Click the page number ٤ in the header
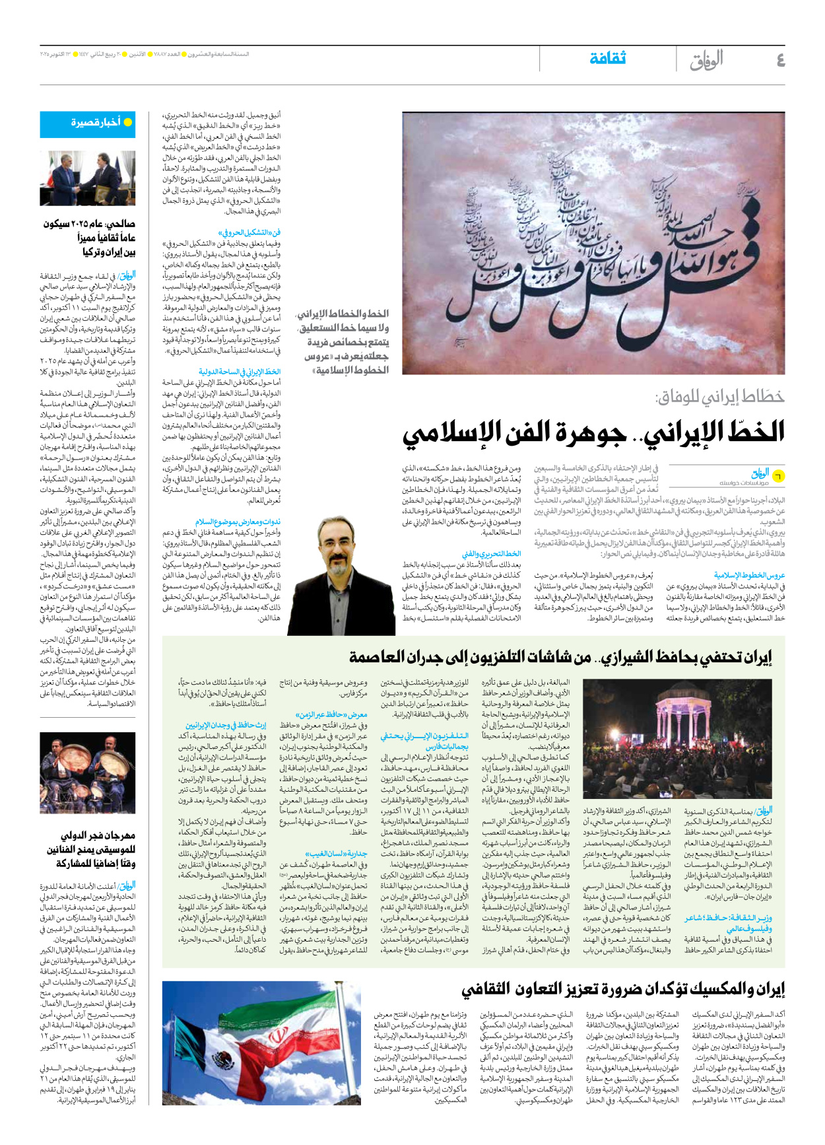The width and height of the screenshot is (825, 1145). coord(780,60)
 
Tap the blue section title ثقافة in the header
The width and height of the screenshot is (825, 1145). coord(607,59)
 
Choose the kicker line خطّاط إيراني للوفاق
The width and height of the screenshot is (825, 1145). coord(719,396)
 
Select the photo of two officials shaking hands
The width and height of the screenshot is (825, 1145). coord(88,178)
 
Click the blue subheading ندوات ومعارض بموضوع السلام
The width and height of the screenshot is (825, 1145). coord(238,522)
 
